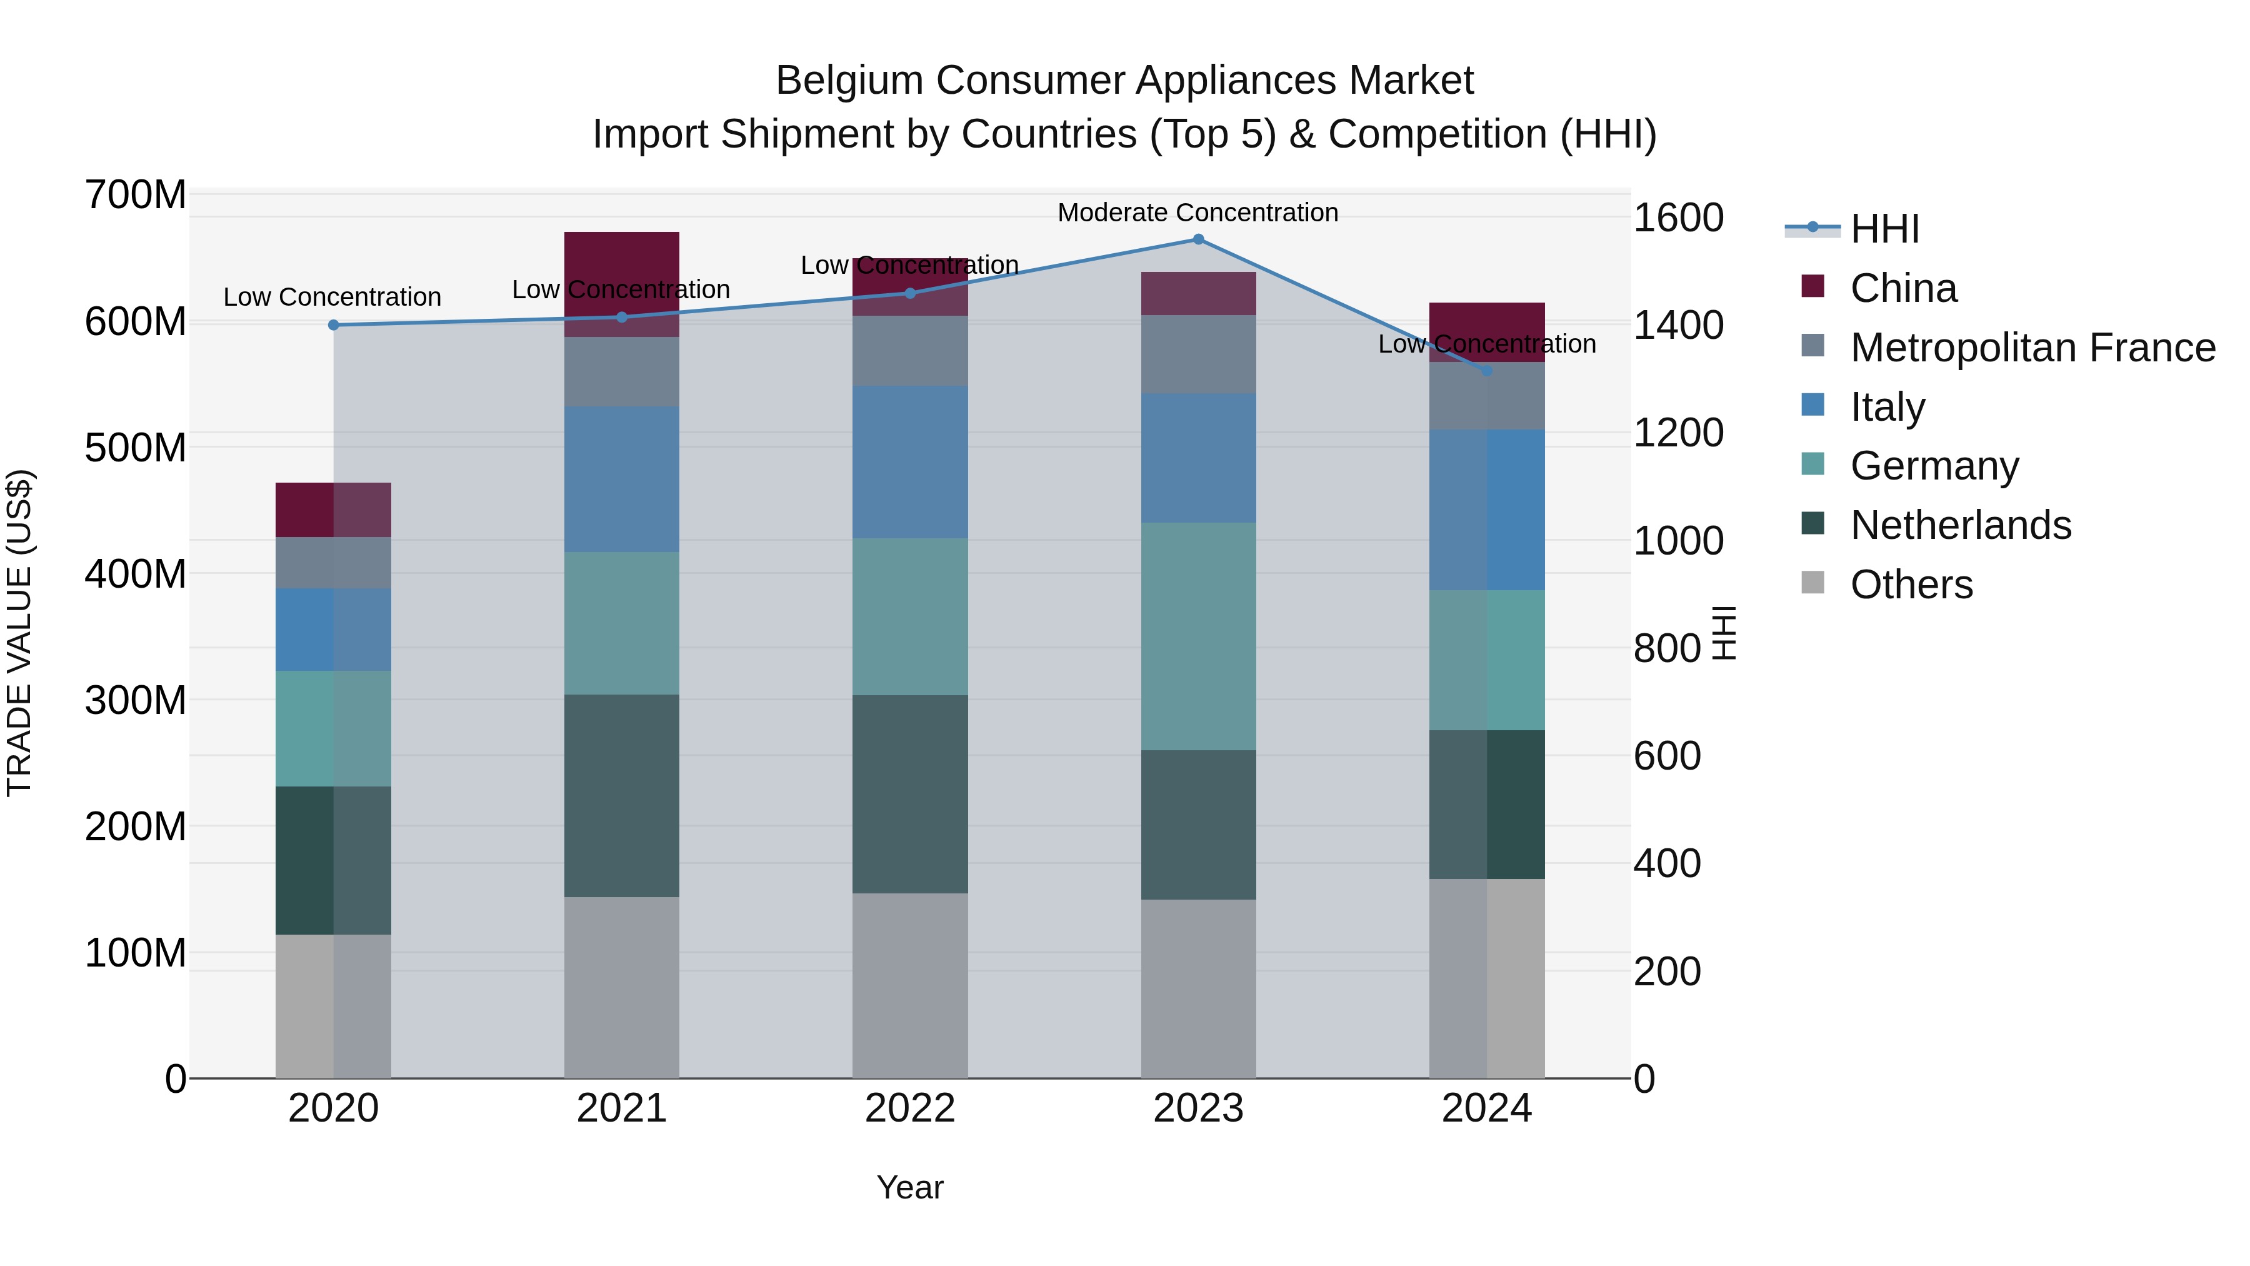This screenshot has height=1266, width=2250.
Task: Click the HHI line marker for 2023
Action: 1197,239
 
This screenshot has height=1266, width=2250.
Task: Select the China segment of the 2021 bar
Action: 621,262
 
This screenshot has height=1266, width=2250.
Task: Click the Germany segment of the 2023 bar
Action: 1197,635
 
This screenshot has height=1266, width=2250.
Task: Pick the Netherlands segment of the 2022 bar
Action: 909,793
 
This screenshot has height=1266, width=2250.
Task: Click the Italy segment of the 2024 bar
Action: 1487,510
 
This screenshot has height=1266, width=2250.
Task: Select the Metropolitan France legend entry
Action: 2032,348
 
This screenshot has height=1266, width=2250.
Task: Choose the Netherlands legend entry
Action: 1960,525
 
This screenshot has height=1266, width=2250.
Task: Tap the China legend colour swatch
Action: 1812,286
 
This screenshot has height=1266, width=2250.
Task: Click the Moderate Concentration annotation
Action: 1197,213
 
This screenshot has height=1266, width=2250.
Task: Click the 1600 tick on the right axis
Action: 1677,218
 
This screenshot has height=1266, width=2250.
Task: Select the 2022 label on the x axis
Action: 909,1108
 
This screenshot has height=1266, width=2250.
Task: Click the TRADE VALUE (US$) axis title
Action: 19,633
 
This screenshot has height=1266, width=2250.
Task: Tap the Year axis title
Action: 909,1187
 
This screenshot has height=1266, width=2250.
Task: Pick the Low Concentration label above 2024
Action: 1487,344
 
